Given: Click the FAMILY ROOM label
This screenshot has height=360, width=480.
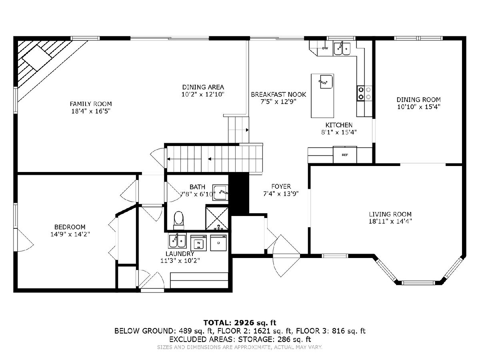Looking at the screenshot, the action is [x=91, y=104].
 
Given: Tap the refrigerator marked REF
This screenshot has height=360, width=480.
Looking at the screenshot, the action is [x=345, y=155].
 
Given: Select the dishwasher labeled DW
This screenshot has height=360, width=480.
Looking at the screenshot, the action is [x=325, y=48].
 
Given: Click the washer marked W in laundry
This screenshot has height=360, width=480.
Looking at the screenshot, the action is [x=198, y=243].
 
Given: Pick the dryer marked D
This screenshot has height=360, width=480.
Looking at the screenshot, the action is [x=218, y=243].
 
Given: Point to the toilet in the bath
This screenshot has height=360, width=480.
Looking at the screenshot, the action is [x=179, y=220].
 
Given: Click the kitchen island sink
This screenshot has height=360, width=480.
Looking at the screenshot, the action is [x=326, y=82].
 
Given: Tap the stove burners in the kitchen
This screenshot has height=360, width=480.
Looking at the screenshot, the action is [x=364, y=93].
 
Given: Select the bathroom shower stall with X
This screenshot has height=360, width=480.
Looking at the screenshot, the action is [x=217, y=218].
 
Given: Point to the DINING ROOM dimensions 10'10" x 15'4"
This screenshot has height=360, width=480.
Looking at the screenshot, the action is [x=418, y=107].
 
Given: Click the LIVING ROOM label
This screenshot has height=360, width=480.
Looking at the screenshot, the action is [x=390, y=214].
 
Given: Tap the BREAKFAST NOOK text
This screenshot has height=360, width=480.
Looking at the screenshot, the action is [x=278, y=94].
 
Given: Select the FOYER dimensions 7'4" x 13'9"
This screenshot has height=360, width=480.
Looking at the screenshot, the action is [x=281, y=194].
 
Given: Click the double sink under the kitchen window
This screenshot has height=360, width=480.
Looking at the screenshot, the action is [x=342, y=49].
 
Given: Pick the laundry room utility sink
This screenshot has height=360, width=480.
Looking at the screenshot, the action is [x=177, y=241].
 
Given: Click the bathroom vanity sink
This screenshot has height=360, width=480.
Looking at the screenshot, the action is [x=220, y=192].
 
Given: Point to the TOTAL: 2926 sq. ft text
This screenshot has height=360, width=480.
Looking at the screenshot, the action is [x=240, y=323].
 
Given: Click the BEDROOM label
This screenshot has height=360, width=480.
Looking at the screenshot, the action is [x=70, y=227].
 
